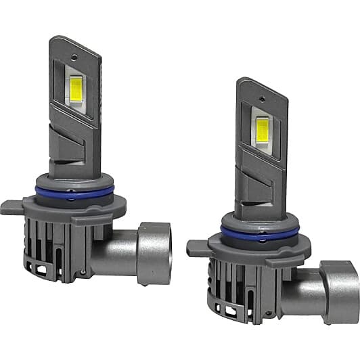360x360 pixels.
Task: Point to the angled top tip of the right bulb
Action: (254, 83)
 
